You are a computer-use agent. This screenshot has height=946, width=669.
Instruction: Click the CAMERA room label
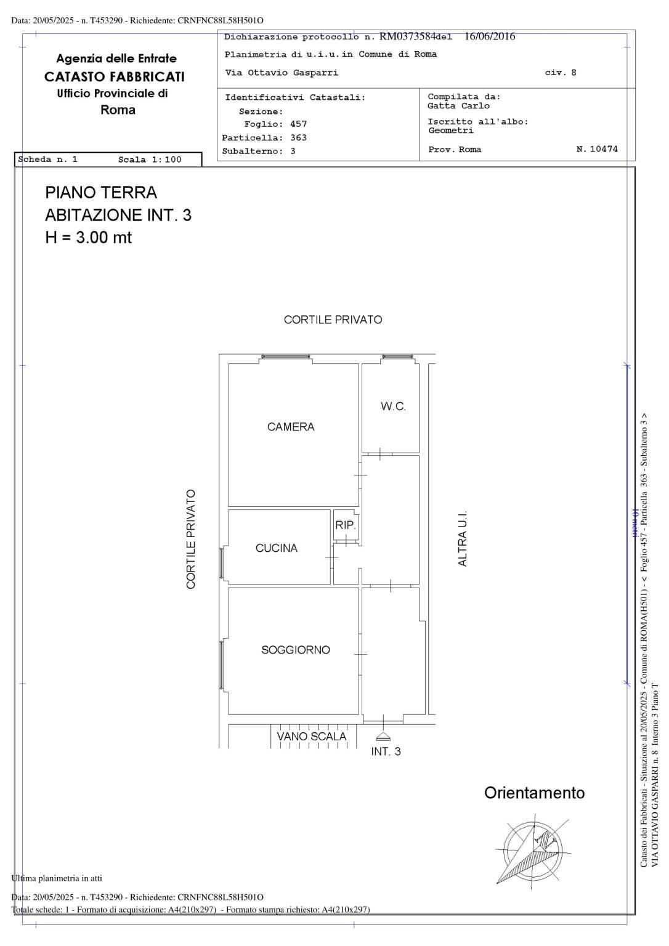291,427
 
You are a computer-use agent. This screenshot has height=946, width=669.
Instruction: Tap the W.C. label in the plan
393,406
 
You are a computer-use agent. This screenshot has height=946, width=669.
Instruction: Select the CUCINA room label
276,548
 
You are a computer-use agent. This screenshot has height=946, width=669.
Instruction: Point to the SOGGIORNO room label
295,650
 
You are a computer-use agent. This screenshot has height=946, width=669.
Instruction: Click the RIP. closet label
345,525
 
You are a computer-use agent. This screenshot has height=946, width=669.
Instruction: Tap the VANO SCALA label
311,736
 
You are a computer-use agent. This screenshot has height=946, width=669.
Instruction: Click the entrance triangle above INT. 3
383,737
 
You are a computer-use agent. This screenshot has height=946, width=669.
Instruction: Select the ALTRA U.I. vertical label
463,538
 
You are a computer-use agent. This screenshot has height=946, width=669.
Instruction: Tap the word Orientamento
534,793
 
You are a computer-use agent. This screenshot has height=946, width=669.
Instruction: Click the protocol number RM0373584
407,36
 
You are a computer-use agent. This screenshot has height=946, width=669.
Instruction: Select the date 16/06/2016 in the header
490,36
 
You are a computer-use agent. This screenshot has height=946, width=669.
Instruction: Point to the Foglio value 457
298,124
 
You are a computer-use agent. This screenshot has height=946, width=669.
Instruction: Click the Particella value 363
298,138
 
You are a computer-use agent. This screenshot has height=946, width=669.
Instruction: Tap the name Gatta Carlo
458,106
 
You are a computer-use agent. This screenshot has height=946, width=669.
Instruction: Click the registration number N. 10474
597,149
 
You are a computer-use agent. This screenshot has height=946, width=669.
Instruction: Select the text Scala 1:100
150,160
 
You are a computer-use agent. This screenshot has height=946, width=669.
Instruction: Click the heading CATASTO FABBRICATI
115,76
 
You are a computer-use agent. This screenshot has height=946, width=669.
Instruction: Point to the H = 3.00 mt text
89,237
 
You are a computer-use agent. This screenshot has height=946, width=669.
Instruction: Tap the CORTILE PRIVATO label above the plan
333,320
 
